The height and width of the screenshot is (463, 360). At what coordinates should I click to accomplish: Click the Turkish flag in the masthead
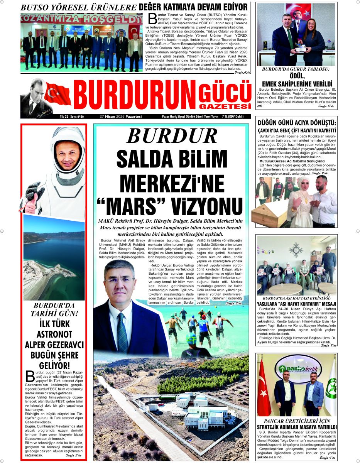click(x=58, y=94)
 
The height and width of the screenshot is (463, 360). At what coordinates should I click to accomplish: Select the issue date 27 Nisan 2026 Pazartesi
click(x=121, y=116)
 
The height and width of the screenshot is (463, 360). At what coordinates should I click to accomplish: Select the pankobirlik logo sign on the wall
click(x=296, y=368)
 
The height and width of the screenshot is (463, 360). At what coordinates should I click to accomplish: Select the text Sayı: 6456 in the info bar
click(x=76, y=116)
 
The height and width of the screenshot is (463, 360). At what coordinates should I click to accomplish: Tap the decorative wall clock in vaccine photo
click(x=296, y=250)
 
